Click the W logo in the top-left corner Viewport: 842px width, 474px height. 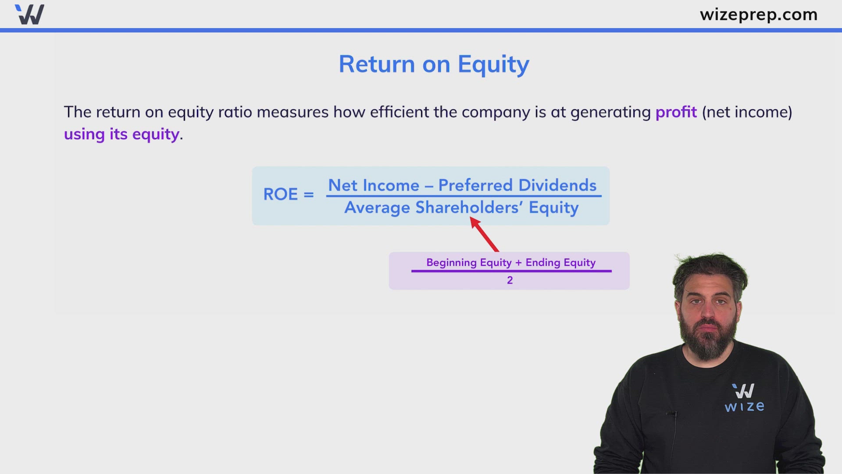pos(29,14)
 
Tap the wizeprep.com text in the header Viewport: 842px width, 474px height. pos(758,14)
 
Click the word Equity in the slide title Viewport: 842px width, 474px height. pos(493,65)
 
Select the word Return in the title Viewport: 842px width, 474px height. pos(377,65)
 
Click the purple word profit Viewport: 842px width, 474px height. pos(676,112)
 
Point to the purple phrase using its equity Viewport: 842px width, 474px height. pos(121,134)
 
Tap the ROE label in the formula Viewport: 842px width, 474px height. pos(280,194)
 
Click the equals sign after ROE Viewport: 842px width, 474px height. pos(309,194)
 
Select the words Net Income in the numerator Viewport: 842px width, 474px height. pos(374,185)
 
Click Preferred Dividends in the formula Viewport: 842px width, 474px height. pos(517,185)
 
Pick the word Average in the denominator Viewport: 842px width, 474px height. pos(377,208)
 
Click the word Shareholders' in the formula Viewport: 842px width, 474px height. pos(469,208)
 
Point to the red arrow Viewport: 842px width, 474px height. pos(485,235)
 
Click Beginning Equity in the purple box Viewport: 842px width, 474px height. pos(469,262)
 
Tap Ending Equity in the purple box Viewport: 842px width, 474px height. pos(560,262)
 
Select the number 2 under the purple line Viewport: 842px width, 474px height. pos(510,280)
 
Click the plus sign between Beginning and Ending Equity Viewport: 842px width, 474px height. pos(518,263)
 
